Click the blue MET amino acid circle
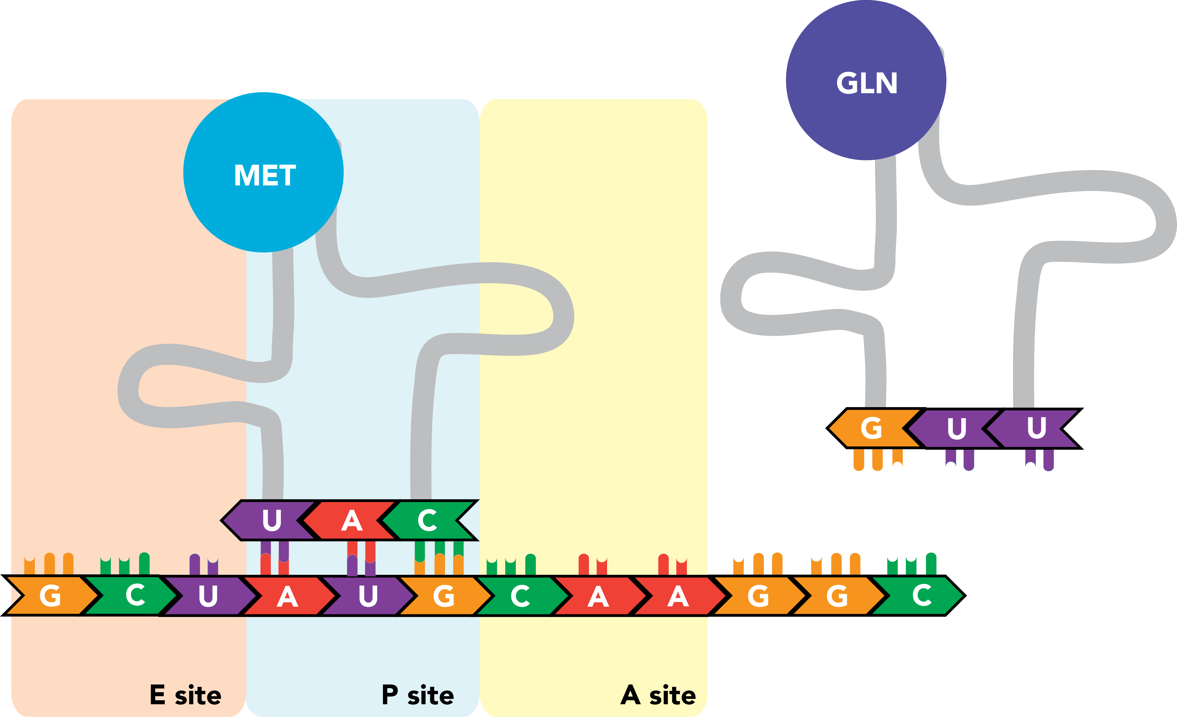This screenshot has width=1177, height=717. coord(263,172)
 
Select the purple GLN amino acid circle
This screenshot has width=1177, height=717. coord(866,80)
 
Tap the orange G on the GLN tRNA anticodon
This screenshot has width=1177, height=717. coord(871,428)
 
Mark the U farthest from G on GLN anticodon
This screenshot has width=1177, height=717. coord(1037,428)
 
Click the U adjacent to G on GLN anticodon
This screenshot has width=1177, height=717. coord(957,428)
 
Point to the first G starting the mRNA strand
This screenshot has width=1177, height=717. coord(50,596)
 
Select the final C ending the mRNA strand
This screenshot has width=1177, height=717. coord(922,596)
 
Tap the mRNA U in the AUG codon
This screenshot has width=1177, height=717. coord(368,596)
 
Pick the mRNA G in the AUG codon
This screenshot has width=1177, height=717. coord(443,596)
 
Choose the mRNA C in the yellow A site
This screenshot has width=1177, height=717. coord(520,596)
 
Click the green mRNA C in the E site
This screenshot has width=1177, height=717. coord(135,596)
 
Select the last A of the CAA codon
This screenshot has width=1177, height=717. coord(678,596)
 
